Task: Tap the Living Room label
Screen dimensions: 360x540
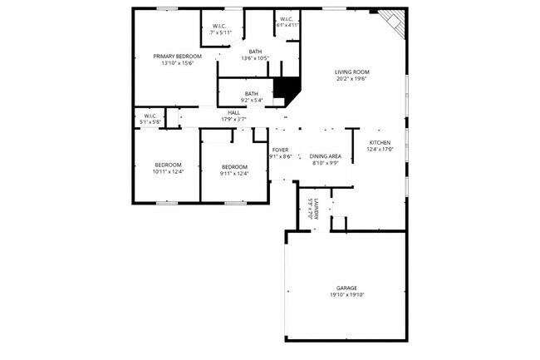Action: coord(352,72)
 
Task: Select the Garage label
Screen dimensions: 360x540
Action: coord(346,288)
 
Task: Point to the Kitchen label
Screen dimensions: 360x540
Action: coord(380,142)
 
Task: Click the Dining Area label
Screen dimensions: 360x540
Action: coord(326,156)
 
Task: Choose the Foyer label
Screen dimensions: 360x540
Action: coord(279,150)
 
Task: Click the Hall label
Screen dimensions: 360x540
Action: coord(234,112)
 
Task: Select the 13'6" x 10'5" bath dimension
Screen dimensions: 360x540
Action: coord(255,58)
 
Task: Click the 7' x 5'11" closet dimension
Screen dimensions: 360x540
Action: coord(219,32)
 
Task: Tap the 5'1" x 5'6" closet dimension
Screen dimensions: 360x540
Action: coord(150,122)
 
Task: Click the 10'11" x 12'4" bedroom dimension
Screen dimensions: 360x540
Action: coord(167,172)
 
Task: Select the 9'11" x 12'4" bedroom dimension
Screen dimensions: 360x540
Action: coord(234,174)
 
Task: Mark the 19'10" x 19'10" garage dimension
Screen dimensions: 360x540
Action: coord(346,295)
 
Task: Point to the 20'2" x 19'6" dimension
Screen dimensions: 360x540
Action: coord(352,80)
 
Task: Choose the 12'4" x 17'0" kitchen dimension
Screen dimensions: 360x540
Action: coord(380,150)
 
